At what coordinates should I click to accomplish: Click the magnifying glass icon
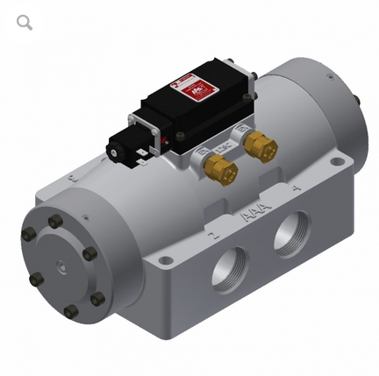[25, 22]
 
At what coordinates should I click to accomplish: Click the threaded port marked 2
[231, 267]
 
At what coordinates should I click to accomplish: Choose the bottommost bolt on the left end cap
[71, 310]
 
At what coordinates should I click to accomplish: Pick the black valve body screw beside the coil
[180, 137]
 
